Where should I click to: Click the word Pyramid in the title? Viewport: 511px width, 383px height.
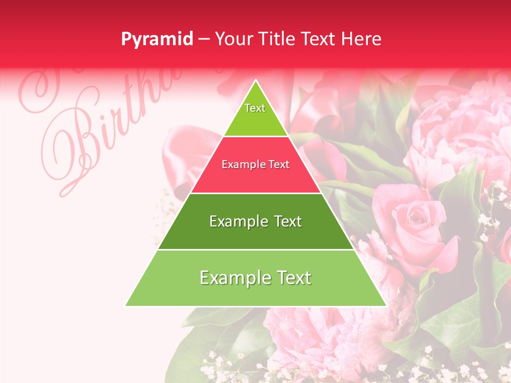coord(157,39)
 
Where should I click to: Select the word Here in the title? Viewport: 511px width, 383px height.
coord(362,39)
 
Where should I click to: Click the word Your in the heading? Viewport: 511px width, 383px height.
coord(233,39)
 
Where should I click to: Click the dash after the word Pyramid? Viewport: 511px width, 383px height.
coord(203,39)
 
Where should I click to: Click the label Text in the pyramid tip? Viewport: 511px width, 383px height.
coord(255,108)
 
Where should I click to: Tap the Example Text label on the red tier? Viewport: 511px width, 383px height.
coord(256,165)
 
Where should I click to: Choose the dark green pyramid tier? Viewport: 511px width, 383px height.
coord(256,234)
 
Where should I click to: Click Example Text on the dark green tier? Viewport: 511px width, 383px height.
coord(256,221)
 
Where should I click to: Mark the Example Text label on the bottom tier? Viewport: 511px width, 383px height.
coord(256,278)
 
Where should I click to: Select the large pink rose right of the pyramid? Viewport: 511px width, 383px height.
coord(418,221)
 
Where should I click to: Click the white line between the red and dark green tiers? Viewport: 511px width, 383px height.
coord(256,193)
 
